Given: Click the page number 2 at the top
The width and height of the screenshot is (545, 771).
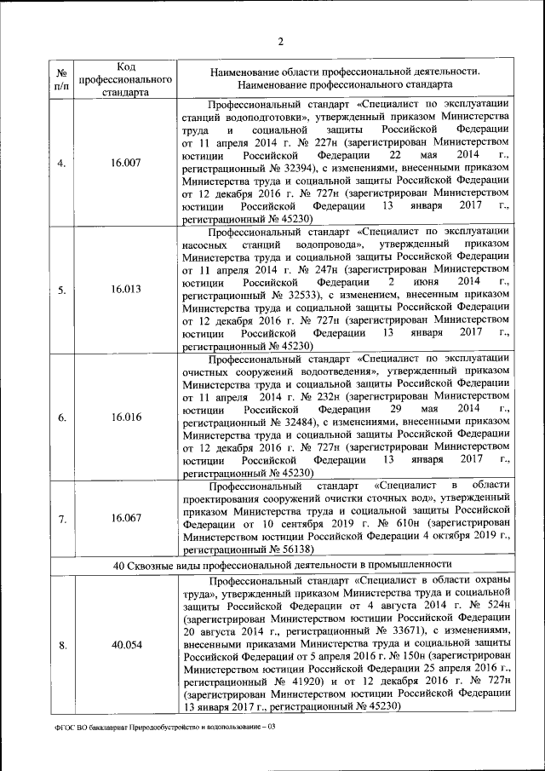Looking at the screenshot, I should click(x=280, y=43).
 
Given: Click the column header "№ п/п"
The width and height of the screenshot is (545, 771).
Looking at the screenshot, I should click(x=62, y=79).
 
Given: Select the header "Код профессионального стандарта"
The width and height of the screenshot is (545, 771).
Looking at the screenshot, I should click(x=125, y=79).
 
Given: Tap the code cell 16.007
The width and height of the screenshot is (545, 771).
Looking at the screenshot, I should click(x=125, y=163).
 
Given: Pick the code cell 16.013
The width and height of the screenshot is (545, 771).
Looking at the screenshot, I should click(x=125, y=290).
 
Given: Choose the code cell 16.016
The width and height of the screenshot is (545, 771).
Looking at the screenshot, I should click(x=125, y=417).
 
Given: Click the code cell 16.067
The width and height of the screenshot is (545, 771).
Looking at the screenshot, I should click(x=125, y=518).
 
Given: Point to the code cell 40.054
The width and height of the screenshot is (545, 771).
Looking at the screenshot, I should click(x=125, y=644).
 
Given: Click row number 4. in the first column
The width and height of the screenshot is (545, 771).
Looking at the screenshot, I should click(x=62, y=163).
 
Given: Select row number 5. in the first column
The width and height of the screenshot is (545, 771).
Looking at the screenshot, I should click(x=62, y=290).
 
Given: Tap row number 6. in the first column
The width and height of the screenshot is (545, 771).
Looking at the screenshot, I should click(x=62, y=417).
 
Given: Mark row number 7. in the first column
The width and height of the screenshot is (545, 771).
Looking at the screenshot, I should click(x=62, y=518).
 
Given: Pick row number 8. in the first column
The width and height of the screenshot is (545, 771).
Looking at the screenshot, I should click(x=62, y=644).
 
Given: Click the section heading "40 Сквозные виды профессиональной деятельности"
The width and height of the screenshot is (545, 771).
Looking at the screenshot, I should click(x=282, y=564).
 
